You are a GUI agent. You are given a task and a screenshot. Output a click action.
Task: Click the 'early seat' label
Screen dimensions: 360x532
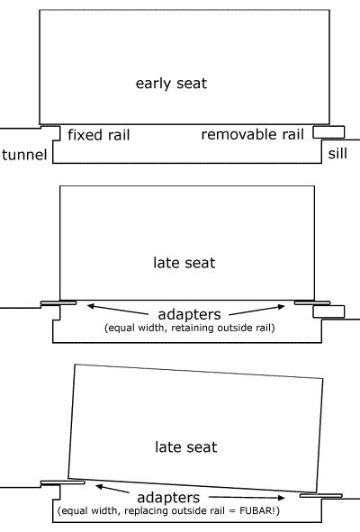click(171, 84)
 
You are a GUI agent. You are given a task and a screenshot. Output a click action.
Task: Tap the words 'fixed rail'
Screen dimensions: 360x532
click(99, 135)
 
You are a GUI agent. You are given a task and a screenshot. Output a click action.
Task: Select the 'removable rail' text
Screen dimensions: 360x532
click(252, 134)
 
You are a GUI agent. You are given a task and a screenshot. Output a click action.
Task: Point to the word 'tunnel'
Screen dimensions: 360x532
click(24, 155)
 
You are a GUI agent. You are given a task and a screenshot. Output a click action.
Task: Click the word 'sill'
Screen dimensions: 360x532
click(337, 153)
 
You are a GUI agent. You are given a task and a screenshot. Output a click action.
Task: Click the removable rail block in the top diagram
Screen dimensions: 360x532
click(328, 132)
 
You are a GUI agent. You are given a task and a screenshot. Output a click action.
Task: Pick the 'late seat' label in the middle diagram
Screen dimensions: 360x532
click(184, 263)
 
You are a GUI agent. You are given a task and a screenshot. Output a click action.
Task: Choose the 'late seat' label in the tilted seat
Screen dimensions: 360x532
click(186, 446)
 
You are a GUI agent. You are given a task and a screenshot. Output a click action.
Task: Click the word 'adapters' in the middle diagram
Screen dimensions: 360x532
click(189, 314)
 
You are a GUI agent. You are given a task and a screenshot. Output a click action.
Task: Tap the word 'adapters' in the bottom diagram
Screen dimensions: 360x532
click(168, 498)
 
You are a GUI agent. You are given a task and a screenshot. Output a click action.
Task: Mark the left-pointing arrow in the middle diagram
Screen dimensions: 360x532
click(118, 310)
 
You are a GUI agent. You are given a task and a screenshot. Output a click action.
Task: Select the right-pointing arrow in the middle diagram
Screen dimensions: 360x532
click(257, 311)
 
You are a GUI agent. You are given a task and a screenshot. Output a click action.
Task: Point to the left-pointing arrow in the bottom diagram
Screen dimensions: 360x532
click(112, 490)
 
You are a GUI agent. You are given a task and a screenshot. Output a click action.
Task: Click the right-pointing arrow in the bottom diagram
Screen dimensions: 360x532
click(247, 498)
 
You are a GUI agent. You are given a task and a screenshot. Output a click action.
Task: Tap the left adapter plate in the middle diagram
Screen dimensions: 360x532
click(58, 302)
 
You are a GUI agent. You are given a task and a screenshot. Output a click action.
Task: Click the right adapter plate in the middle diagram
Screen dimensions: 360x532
click(312, 302)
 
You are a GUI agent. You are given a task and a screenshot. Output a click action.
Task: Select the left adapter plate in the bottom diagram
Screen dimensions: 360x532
click(62, 482)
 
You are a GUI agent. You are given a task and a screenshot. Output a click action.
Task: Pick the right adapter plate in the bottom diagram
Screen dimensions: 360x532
click(321, 496)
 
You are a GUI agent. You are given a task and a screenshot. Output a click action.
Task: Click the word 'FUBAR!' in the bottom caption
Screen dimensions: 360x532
click(259, 510)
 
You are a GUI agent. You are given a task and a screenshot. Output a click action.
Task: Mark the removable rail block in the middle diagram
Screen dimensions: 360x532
click(328, 311)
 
